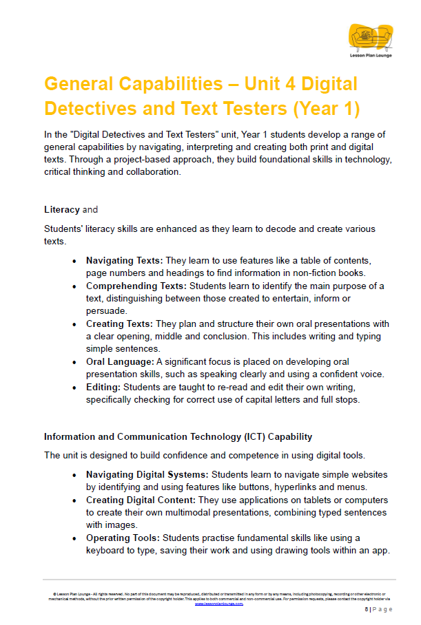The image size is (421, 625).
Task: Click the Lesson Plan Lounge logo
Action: [371, 40]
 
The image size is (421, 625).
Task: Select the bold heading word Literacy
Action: [62, 209]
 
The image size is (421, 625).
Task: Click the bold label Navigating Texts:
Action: [124, 260]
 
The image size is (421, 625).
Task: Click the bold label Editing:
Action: [103, 388]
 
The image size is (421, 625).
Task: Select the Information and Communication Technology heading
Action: [178, 436]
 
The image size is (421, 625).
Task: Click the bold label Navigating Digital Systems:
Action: [147, 474]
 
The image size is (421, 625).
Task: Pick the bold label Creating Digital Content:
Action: [141, 500]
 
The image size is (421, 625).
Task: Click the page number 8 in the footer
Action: [367, 609]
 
